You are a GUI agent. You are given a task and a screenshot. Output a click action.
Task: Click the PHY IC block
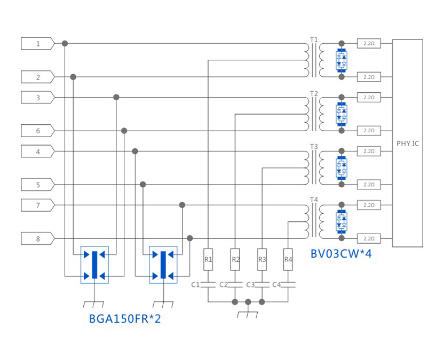[x=407, y=143]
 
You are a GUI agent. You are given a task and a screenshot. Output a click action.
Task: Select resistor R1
[x=209, y=259]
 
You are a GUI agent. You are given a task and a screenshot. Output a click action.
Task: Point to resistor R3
[x=262, y=259]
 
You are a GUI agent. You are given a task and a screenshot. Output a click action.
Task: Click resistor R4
[x=288, y=259]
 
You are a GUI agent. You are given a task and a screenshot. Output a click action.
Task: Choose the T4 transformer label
[x=314, y=200]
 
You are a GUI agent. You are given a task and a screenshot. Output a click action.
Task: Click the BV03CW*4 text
[x=341, y=254]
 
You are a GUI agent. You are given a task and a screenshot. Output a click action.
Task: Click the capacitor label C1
[x=195, y=285]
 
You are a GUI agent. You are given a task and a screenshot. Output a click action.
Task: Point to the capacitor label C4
[x=276, y=285]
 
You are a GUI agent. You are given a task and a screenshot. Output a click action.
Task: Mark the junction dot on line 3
[x=116, y=97]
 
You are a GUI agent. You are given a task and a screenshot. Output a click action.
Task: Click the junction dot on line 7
[x=182, y=205]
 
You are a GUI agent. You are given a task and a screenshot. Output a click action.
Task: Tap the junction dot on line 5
[x=143, y=185]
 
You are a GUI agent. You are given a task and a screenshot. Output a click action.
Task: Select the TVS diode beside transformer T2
[x=342, y=114]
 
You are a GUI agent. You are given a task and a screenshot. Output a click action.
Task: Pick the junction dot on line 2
[x=73, y=77]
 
